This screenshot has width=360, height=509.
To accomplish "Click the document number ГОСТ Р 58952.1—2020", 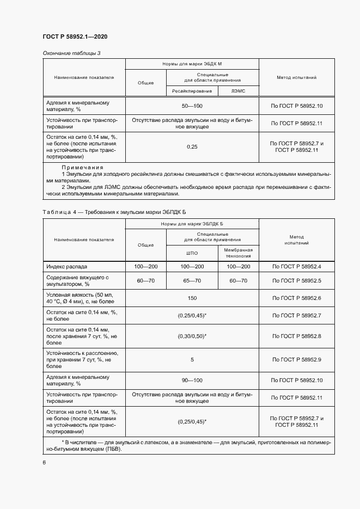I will pyautogui.click(x=75, y=36).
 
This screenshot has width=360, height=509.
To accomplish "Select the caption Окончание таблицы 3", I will pyautogui.click(x=71, y=53).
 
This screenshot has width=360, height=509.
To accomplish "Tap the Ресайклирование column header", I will pyautogui.click(x=192, y=91).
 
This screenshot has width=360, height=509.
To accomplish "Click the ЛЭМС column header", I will pyautogui.click(x=238, y=91).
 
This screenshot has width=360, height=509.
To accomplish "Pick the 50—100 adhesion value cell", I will pyautogui.click(x=192, y=106).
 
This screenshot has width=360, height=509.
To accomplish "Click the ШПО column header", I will pyautogui.click(x=192, y=253).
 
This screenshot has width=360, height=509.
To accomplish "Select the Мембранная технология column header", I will pyautogui.click(x=238, y=253).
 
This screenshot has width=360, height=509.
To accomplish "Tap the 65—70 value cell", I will pyautogui.click(x=192, y=280).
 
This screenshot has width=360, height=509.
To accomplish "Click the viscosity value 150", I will pyautogui.click(x=192, y=298).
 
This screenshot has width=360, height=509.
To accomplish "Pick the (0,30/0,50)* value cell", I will pyautogui.click(x=192, y=336).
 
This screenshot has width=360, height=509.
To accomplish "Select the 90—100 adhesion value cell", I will pyautogui.click(x=192, y=380).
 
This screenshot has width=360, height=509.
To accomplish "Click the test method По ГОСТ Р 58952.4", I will pyautogui.click(x=296, y=267).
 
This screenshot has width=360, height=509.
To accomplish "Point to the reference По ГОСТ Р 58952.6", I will pyautogui.click(x=296, y=298).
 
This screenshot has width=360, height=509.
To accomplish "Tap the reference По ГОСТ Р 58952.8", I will pyautogui.click(x=296, y=336).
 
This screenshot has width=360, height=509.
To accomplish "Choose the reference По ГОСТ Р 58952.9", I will pyautogui.click(x=296, y=359).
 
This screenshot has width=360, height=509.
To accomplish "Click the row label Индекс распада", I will pyautogui.click(x=67, y=267).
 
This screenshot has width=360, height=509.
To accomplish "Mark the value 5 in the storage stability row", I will pyautogui.click(x=192, y=359).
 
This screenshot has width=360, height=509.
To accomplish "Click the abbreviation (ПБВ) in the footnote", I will pyautogui.click(x=114, y=449).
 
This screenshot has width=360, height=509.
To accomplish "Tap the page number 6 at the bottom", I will pyautogui.click(x=44, y=462).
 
